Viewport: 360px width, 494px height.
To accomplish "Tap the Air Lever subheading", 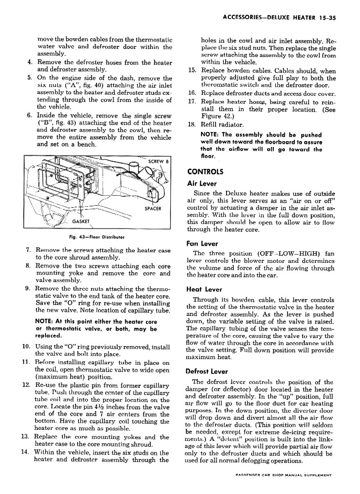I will click(x=202, y=183).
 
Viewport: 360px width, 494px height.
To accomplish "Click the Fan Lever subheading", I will click(x=202, y=244).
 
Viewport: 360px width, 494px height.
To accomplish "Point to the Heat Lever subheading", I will click(x=204, y=289).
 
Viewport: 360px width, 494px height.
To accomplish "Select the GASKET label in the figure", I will click(x=82, y=221).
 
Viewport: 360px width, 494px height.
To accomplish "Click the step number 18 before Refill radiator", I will click(x=192, y=124).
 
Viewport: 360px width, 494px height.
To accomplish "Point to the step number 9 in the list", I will click(x=28, y=288).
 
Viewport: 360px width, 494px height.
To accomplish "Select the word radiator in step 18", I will click(x=231, y=124).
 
